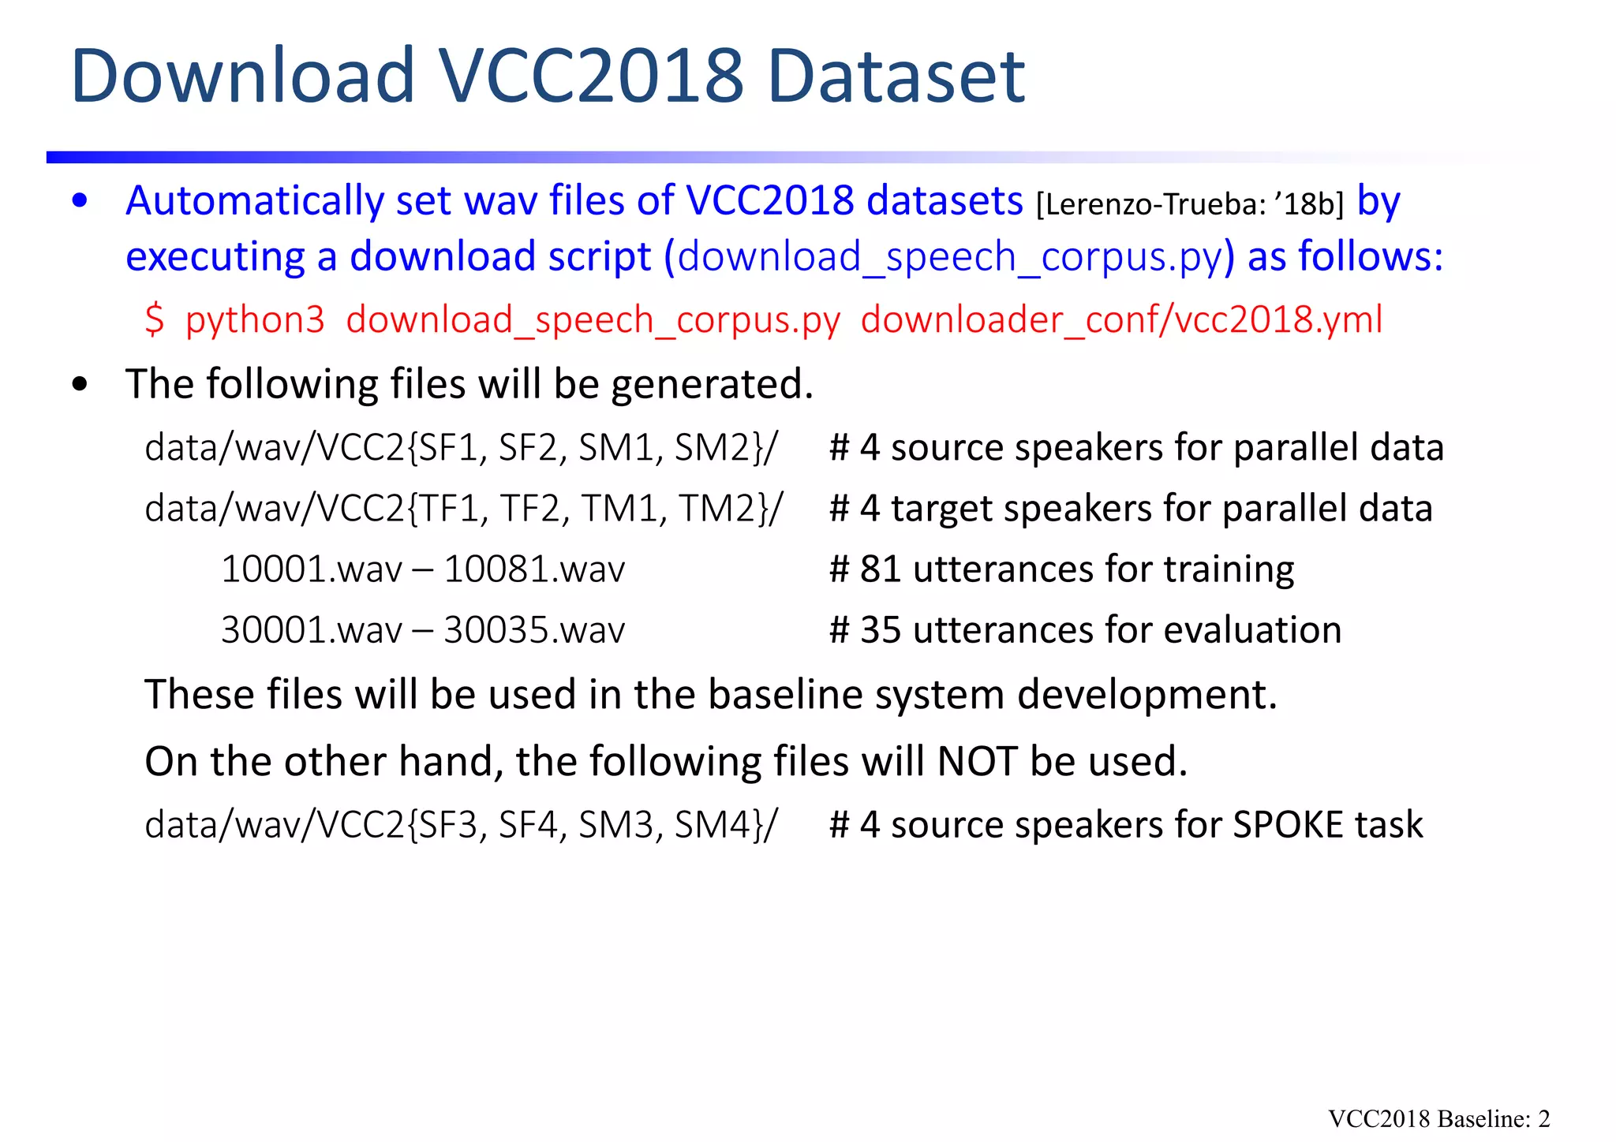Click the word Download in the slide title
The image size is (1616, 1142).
(242, 77)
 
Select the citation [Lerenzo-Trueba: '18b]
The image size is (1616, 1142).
(1189, 204)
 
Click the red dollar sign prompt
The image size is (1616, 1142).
(155, 320)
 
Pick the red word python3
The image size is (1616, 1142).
(255, 320)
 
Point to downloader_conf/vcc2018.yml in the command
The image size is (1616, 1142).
(1121, 320)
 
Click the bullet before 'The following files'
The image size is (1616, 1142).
(80, 385)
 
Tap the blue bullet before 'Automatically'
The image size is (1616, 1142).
(80, 201)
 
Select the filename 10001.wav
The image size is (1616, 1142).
(311, 569)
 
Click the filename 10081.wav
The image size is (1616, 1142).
(534, 569)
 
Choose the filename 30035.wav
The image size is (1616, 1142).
(534, 630)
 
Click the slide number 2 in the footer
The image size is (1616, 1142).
(1544, 1119)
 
